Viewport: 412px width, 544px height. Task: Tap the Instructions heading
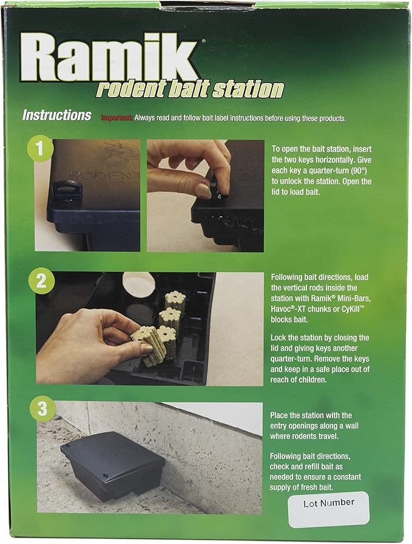57,115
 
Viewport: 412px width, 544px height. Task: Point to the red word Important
117,118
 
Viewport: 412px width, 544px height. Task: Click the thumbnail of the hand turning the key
205,195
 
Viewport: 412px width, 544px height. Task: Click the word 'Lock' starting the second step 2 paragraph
281,338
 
